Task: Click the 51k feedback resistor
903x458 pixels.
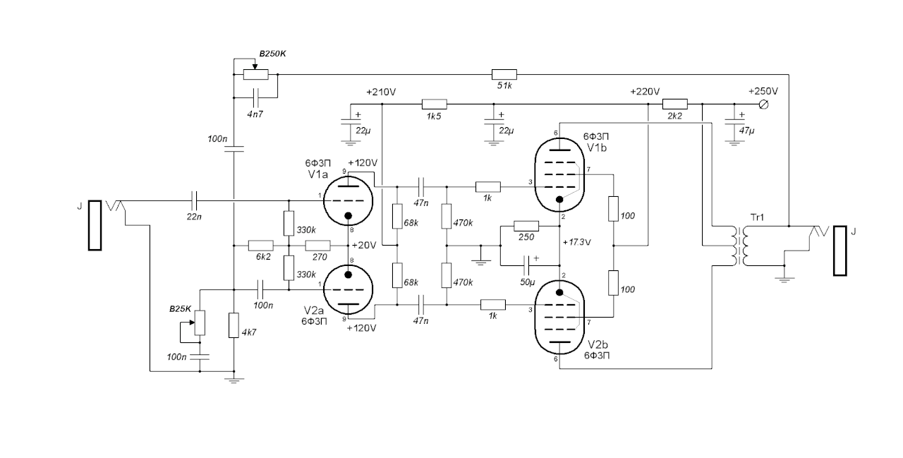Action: click(504, 74)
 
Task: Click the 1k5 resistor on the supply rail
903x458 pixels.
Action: click(432, 104)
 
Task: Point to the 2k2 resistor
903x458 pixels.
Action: click(674, 104)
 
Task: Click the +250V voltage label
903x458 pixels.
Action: click(763, 92)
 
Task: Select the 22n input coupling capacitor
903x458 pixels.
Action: click(195, 200)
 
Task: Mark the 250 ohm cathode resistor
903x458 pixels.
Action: click(526, 226)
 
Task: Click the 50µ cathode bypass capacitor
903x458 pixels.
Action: click(528, 266)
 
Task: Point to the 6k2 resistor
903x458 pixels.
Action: click(260, 246)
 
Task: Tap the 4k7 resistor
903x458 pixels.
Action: click(234, 326)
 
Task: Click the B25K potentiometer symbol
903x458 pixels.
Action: click(200, 323)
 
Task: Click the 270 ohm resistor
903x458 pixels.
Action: click(318, 246)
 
